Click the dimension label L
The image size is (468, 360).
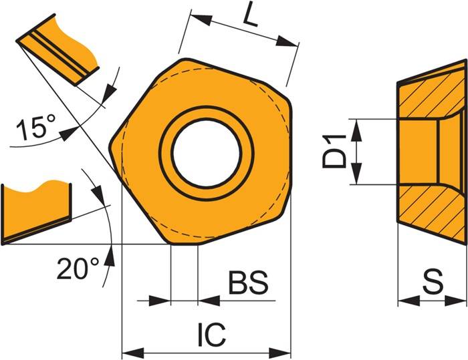point(249,15)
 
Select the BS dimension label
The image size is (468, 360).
point(248,284)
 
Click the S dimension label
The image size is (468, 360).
point(432,283)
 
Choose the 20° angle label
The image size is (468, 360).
point(77,270)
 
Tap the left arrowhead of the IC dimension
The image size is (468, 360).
point(128,352)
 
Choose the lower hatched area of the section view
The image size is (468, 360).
point(431,210)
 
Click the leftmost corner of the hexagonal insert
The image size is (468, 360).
point(112,142)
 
